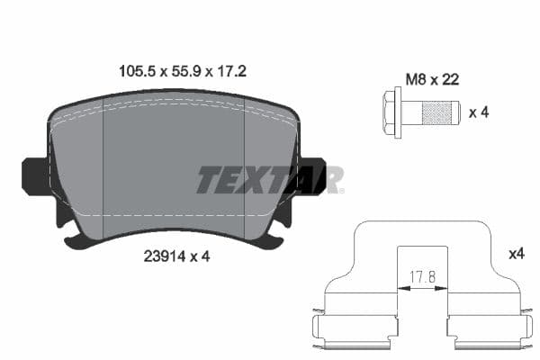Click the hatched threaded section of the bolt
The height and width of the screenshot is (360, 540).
[439, 113]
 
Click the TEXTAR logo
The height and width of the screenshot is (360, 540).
[269, 179]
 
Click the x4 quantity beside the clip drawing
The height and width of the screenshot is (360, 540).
[516, 255]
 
